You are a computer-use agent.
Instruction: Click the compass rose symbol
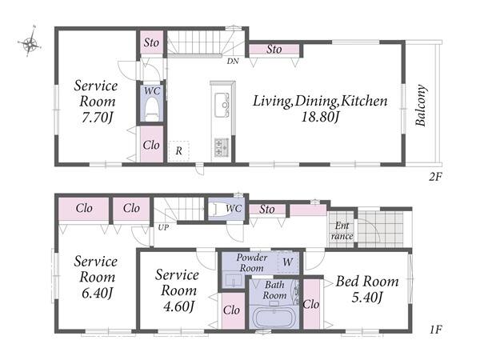coord(30,44)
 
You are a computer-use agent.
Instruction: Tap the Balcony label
coord(421,106)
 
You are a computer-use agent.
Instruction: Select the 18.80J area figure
coord(320,117)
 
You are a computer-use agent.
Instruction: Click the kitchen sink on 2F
coord(222,105)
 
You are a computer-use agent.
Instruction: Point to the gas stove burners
coord(222,147)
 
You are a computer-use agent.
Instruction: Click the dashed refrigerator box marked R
coord(178,151)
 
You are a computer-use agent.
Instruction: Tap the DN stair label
coord(233,62)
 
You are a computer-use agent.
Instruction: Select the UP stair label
coord(163,228)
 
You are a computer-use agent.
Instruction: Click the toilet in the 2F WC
coord(152,110)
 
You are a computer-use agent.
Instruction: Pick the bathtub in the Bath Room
coord(274,318)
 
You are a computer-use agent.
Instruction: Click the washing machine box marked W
coord(288,262)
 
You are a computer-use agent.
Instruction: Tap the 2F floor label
coord(435,177)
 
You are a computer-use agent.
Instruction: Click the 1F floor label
coord(435,330)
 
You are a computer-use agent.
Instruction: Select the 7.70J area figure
coord(97,118)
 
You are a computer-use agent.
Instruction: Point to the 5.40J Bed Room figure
coord(367,297)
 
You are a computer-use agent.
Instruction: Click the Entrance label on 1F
coord(342,231)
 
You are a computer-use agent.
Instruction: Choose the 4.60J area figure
coord(178,306)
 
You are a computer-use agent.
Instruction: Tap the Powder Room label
coord(252,262)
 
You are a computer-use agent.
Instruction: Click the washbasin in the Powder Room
coord(234,280)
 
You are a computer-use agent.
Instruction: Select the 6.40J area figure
coord(97,293)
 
